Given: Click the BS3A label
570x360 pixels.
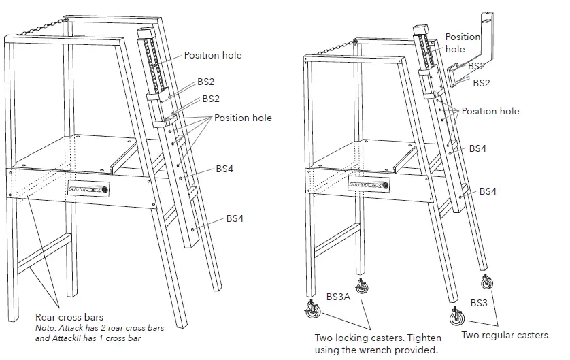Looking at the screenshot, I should [338, 297].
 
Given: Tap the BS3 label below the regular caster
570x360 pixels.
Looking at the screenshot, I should [480, 301].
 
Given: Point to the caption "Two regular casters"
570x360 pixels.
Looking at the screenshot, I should [504, 335].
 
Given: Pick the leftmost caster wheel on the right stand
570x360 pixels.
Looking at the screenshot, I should [314, 312].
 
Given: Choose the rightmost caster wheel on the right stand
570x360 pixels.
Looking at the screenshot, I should [488, 282].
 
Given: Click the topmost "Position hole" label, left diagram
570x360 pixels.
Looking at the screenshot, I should [212, 55].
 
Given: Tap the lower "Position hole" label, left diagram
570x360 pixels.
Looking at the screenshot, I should [243, 118].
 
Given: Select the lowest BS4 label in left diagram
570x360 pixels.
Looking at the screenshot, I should [235, 218].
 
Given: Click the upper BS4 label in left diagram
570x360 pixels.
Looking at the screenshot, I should [224, 168].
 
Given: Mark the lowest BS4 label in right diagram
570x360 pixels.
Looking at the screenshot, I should [488, 191].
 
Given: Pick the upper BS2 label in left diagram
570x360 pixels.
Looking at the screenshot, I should [206, 82].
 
